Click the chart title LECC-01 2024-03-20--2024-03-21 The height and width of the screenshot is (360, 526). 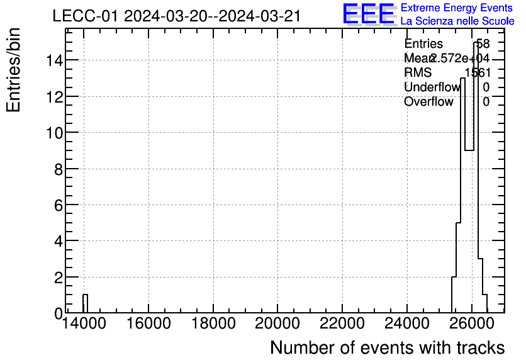(176, 16)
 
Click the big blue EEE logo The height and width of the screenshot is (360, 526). (369, 14)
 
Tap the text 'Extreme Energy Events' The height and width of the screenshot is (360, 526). (457, 8)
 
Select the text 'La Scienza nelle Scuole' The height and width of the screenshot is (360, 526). (457, 21)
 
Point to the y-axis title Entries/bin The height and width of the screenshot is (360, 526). (14, 70)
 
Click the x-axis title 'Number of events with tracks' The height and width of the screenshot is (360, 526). (387, 348)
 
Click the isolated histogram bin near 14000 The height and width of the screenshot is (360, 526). (85, 304)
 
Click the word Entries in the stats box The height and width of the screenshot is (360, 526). (423, 44)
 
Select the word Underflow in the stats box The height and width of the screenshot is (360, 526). (432, 87)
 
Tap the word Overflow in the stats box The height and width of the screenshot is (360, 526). (428, 101)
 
